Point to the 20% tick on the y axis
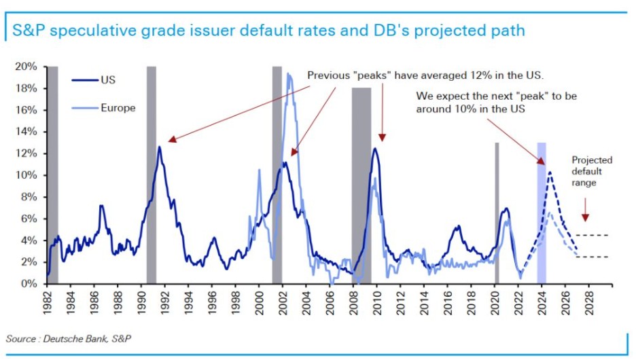click(27, 67)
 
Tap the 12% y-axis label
click(27, 154)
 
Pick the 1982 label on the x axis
click(47, 301)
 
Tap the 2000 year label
click(260, 301)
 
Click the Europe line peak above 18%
click(289, 74)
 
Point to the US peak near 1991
click(160, 147)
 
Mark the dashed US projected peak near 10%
click(549, 173)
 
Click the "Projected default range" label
click(592, 171)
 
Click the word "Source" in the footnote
click(21, 338)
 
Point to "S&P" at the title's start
click(25, 31)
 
